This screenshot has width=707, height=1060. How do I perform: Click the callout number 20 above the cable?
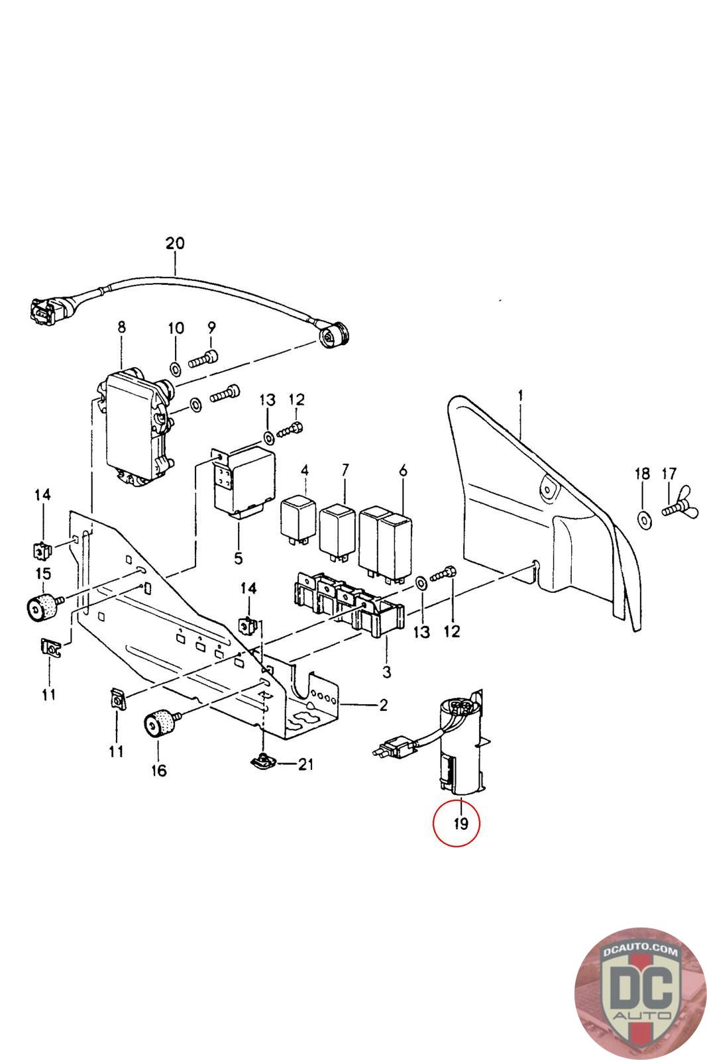(x=175, y=243)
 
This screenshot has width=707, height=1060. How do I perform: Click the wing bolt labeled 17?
(x=675, y=509)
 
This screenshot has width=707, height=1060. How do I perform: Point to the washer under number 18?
(x=643, y=517)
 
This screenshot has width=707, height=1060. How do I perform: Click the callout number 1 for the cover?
(x=521, y=395)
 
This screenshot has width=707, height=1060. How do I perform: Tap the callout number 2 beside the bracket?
(x=383, y=705)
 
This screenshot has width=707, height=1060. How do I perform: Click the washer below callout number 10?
(x=176, y=368)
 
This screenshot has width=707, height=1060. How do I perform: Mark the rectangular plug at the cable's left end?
(x=42, y=311)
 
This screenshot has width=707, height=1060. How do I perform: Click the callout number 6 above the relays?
(x=404, y=471)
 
